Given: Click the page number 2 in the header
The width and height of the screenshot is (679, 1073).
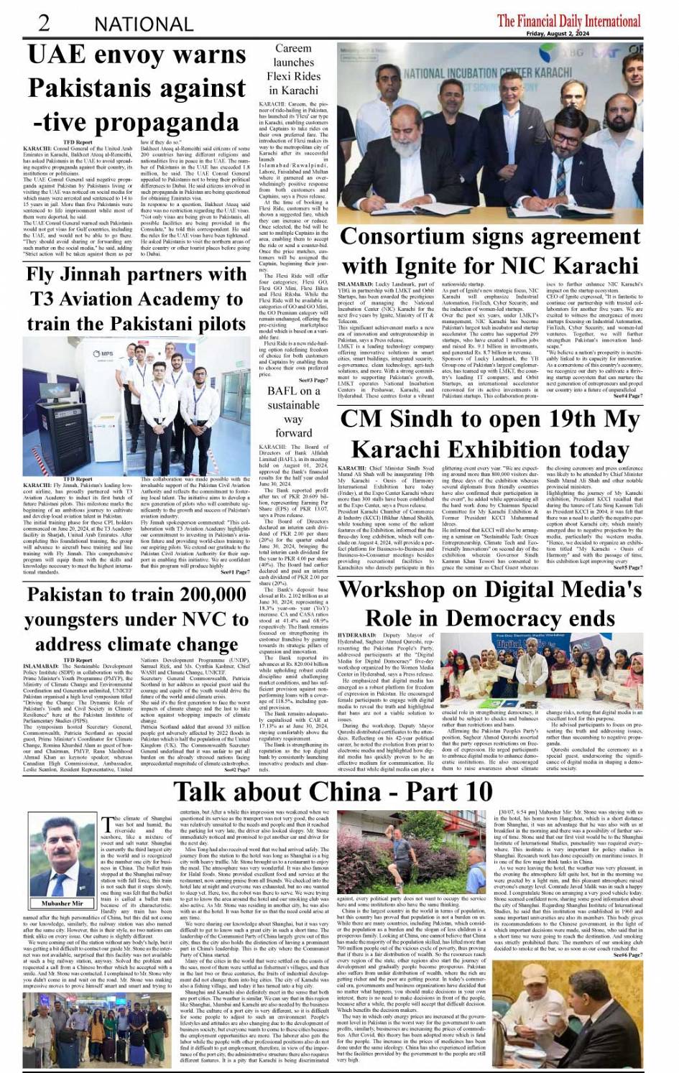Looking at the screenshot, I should [x=44, y=22].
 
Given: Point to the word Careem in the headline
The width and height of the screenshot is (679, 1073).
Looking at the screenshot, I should [x=293, y=49].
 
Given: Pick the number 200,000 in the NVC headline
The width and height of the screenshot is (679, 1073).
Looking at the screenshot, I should [x=204, y=595].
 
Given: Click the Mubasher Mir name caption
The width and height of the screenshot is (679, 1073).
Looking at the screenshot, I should [x=63, y=904].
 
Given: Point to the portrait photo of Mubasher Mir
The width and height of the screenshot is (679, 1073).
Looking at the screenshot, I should [x=63, y=856].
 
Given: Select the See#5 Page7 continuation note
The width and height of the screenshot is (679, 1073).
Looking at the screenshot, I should [x=627, y=567].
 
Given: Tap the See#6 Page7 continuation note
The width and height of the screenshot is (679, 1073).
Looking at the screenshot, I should [x=628, y=954].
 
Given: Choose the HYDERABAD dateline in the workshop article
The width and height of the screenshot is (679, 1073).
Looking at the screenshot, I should [x=356, y=636].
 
